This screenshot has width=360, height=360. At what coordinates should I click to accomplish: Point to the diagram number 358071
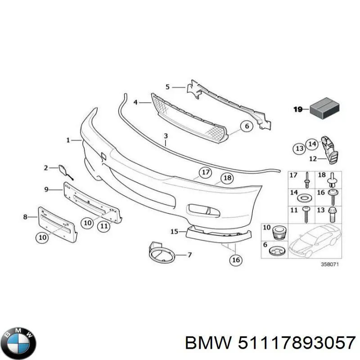(x=329, y=265)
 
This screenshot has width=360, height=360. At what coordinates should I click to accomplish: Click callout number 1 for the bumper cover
(x=68, y=140)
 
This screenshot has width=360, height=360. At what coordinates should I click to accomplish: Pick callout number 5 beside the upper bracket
(x=167, y=86)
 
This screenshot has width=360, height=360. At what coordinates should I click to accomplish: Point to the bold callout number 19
(x=298, y=109)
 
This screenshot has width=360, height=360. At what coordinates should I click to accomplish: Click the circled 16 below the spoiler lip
(x=236, y=259)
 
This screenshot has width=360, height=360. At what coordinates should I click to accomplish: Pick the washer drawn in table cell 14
(x=306, y=198)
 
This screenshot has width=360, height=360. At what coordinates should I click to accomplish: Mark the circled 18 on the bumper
(x=228, y=178)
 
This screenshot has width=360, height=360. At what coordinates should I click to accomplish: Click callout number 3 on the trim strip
(x=166, y=135)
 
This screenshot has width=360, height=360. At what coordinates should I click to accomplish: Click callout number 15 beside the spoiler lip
(x=175, y=232)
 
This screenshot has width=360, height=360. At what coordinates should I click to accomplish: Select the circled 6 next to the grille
(x=247, y=126)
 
